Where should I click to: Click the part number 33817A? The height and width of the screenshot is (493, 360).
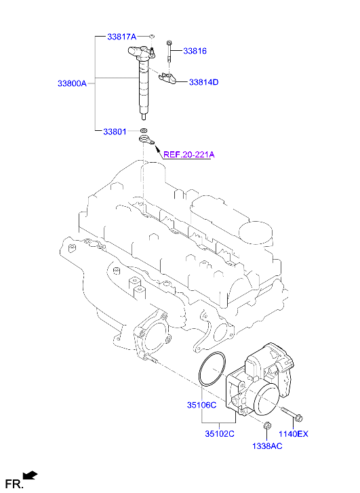pyautogui.click(x=121, y=35)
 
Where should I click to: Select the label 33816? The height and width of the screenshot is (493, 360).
pyautogui.click(x=194, y=51)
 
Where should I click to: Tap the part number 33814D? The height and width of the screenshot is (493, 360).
pyautogui.click(x=203, y=82)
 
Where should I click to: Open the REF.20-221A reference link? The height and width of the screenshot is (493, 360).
pyautogui.click(x=188, y=154)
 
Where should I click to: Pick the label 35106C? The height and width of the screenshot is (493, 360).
pyautogui.click(x=201, y=405)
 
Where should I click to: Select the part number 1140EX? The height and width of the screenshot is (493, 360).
pyautogui.click(x=294, y=433)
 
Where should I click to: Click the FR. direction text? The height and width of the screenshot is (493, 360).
pyautogui.click(x=14, y=484)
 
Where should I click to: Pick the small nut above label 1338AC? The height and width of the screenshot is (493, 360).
pyautogui.click(x=266, y=426)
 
